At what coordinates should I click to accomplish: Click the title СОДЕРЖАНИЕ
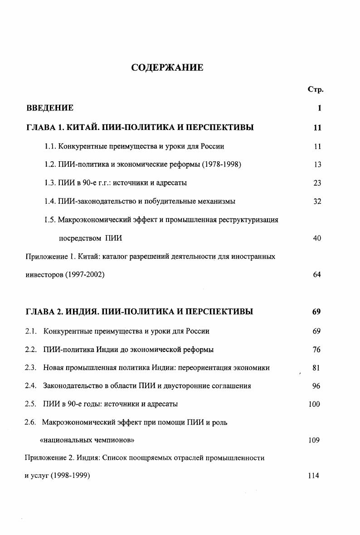point(167,68)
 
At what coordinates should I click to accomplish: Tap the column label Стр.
point(315,90)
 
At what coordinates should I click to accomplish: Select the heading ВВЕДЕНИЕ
point(49,108)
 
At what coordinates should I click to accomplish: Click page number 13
point(317,165)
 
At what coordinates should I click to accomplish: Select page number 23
point(317,183)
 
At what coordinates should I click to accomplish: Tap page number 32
point(317,202)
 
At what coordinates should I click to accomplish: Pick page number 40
point(317,238)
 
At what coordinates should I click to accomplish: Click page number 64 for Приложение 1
point(317,275)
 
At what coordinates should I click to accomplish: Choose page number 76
point(316,350)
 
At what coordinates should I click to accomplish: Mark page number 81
point(316,368)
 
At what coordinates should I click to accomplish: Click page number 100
point(314,404)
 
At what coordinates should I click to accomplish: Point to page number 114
point(313,476)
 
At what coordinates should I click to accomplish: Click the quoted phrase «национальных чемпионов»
point(87,440)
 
